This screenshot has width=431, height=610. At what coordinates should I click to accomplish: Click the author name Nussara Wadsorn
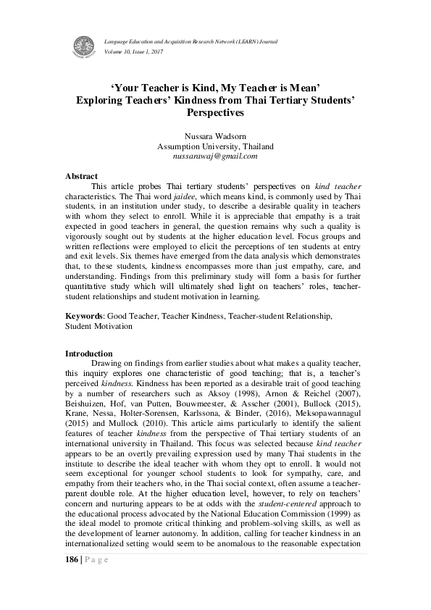(215, 136)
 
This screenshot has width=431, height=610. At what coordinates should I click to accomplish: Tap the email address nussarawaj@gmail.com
(215, 156)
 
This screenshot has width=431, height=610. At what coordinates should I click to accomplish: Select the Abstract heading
(81, 176)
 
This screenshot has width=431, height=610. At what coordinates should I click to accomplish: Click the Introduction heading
(88, 354)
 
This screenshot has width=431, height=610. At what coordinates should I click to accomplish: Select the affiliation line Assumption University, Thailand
(215, 146)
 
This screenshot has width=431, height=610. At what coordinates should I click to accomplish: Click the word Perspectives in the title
(215, 113)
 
